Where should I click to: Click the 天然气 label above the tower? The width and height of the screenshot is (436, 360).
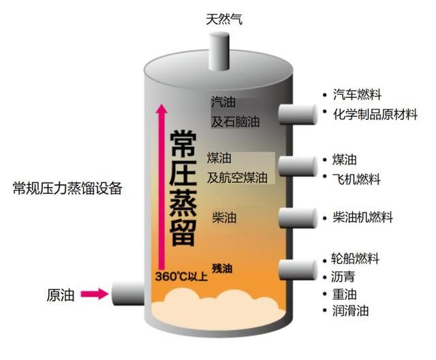224,20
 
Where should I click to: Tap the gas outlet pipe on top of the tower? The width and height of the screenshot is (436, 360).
219,52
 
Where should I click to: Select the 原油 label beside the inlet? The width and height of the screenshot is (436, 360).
61,295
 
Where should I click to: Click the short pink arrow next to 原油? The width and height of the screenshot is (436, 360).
95,293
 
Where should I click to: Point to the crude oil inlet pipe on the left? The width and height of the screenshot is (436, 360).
128,293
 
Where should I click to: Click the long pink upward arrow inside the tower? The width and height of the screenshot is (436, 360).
161,186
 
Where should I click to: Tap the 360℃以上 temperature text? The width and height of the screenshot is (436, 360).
181,277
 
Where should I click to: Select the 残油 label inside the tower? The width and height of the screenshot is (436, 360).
222,269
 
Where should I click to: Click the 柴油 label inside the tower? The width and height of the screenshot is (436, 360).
224,217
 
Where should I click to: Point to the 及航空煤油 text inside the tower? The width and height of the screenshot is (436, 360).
237,178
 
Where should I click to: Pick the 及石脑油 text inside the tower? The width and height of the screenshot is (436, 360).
236,122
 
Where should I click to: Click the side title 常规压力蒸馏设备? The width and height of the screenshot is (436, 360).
67,189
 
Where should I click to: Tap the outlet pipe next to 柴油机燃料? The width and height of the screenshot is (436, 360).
298,218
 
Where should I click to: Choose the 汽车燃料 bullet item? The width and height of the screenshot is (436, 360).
357,95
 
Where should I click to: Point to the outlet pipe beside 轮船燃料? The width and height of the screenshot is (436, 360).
298,269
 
